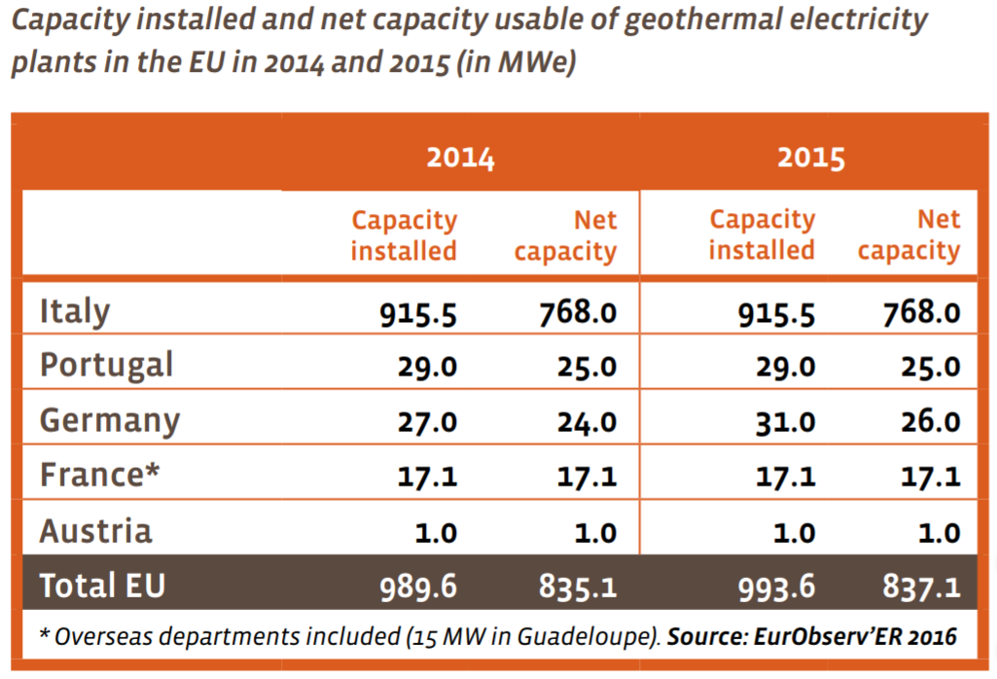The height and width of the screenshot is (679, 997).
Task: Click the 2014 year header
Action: (x=460, y=158)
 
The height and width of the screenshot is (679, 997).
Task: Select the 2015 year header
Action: (x=810, y=158)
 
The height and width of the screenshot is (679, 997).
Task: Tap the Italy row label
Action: (x=75, y=311)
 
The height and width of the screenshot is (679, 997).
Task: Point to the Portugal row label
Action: (x=106, y=366)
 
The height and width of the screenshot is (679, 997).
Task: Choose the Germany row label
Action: (x=109, y=421)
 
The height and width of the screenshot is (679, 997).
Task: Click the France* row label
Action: (x=99, y=476)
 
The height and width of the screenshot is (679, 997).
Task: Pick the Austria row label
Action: (x=95, y=531)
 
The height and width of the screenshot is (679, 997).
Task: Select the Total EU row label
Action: (x=102, y=586)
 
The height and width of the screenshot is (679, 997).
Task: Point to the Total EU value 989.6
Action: (x=419, y=587)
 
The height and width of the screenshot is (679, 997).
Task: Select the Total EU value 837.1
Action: (x=921, y=587)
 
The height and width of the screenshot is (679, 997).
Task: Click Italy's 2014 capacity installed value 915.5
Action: (x=419, y=312)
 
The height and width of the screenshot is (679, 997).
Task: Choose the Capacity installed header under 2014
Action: (x=404, y=235)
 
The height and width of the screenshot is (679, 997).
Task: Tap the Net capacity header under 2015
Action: (x=908, y=235)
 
